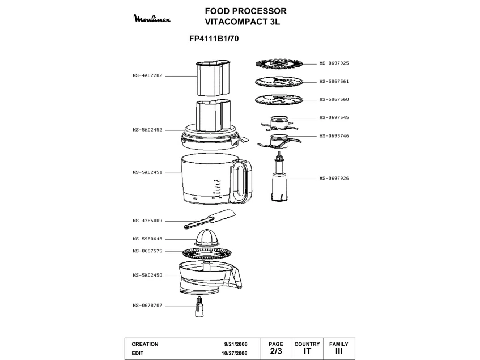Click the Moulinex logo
[152, 18]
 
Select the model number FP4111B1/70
[214, 39]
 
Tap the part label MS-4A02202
[147, 75]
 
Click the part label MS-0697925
[334, 63]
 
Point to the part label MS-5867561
[334, 82]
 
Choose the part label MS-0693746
[334, 136]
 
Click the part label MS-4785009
[147, 221]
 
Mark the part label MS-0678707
[147, 306]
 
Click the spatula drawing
[210, 219]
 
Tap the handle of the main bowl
[242, 181]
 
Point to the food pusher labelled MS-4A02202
[213, 78]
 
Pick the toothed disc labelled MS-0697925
[279, 64]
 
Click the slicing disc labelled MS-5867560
[279, 100]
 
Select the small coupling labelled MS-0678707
[199, 307]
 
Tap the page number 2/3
[276, 351]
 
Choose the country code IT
[307, 351]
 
